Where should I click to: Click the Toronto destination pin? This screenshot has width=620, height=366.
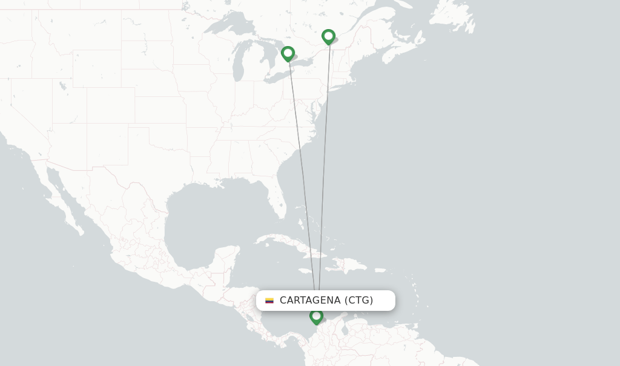click(288, 54)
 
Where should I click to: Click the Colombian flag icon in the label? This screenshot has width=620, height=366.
click(269, 301)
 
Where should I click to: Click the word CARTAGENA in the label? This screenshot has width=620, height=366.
click(310, 301)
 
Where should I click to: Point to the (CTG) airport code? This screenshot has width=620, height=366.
click(359, 301)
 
